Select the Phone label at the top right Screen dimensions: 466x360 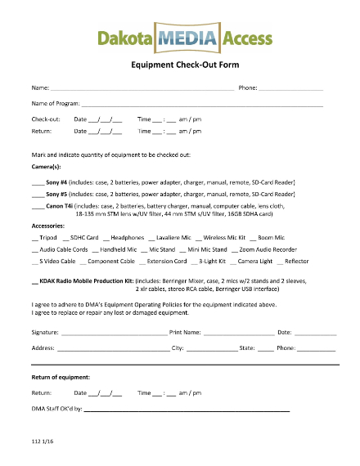coord(248,87)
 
